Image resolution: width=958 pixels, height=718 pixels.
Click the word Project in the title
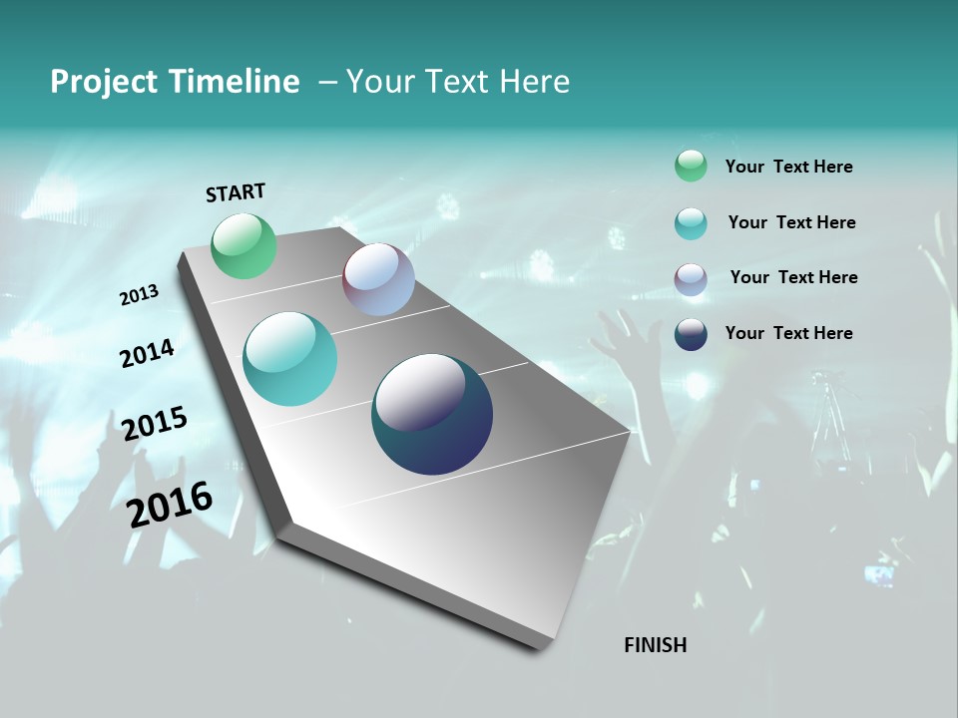104,82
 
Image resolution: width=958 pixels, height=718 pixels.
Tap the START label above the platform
236,192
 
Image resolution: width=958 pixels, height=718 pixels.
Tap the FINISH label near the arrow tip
655,645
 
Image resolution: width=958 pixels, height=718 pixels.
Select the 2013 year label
140,295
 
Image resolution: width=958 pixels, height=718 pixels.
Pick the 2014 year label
148,353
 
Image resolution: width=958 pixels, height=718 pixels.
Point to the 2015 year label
155,423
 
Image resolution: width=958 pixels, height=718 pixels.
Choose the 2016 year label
170,505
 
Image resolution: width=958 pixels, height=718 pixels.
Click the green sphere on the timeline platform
244,245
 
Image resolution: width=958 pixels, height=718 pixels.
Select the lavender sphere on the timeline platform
378,279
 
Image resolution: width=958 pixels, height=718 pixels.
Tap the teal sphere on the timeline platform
290,359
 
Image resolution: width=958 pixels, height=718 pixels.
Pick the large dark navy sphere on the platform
432,414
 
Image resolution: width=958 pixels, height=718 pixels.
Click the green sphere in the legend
691,166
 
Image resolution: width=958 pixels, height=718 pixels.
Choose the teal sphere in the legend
691,223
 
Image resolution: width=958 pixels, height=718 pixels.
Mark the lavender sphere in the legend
691,279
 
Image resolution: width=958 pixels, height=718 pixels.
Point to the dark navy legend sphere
691,334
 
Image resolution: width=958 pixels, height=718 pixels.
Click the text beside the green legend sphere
788,167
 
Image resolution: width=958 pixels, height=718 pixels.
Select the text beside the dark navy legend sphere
788,333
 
